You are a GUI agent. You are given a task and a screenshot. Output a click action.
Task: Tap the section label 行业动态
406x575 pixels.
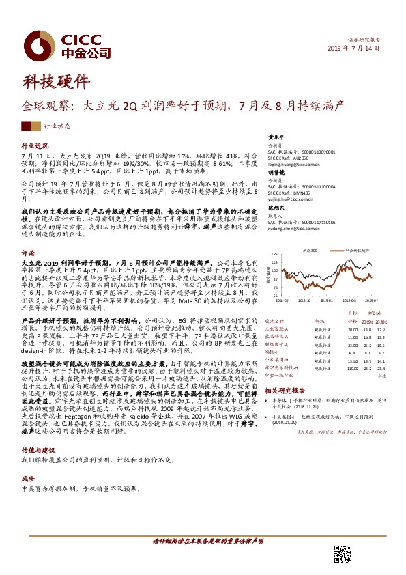[57, 126]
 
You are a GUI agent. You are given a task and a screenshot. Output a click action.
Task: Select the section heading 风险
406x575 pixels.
[28, 480]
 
